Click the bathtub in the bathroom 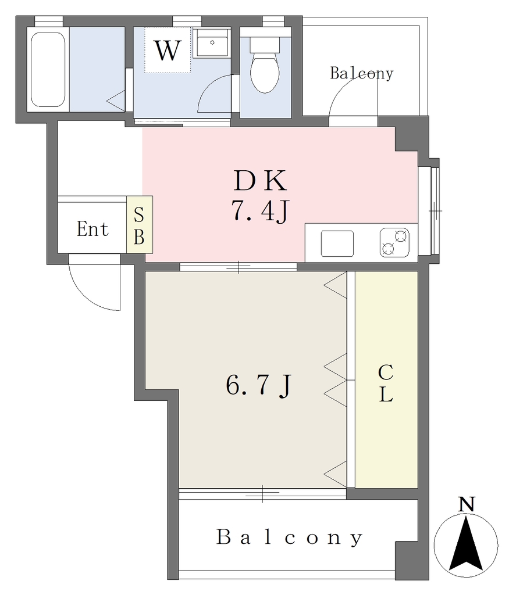(x=48, y=70)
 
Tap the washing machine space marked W (x=168, y=50)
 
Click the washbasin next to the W (x=212, y=43)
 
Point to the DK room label (x=260, y=181)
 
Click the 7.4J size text (x=260, y=212)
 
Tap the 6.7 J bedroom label (x=259, y=385)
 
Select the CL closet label (x=386, y=383)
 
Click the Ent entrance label (x=92, y=229)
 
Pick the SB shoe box (x=140, y=225)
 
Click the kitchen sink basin (x=337, y=243)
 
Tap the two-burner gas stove (x=394, y=242)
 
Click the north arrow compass (x=466, y=545)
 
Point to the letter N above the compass (x=467, y=504)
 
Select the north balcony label (x=361, y=73)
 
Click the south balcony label (x=290, y=537)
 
